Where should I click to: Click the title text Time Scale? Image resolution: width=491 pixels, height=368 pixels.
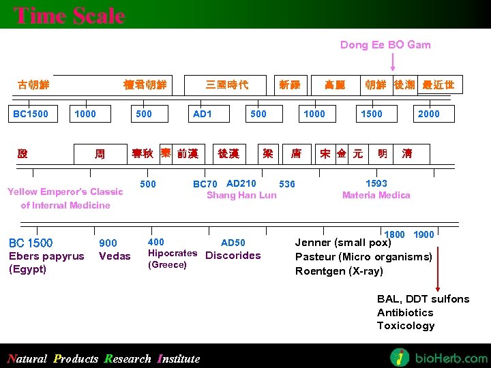tap(70, 16)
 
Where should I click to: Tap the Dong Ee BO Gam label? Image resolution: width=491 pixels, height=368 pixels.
tap(385, 45)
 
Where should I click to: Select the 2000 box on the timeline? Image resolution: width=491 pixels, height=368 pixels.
tap(428, 114)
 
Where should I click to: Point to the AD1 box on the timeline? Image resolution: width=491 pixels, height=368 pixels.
tap(202, 114)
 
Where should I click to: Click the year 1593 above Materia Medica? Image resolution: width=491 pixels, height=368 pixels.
tap(376, 183)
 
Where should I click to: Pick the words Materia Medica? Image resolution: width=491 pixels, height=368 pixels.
tap(376, 196)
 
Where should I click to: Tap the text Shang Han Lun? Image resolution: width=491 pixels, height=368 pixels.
tap(241, 196)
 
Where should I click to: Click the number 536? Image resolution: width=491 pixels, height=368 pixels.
tap(287, 184)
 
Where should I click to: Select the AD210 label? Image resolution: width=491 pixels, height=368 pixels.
tap(241, 183)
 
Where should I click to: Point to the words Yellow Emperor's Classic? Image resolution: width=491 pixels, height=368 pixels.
tap(65, 191)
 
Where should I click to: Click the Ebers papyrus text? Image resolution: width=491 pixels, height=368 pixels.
tap(46, 256)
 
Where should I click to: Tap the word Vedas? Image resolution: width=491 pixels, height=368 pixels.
tap(115, 256)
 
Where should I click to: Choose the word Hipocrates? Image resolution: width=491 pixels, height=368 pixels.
tap(173, 253)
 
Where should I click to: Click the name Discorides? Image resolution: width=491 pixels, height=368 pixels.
tap(233, 256)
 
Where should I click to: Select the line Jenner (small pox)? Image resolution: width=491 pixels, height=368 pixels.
tap(343, 243)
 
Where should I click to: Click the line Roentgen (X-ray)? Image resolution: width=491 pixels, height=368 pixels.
tap(339, 271)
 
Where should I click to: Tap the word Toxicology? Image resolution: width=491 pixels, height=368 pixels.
tap(406, 326)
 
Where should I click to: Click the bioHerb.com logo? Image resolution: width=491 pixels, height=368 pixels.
tap(438, 357)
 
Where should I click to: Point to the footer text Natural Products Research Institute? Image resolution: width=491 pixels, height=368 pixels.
tap(104, 358)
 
